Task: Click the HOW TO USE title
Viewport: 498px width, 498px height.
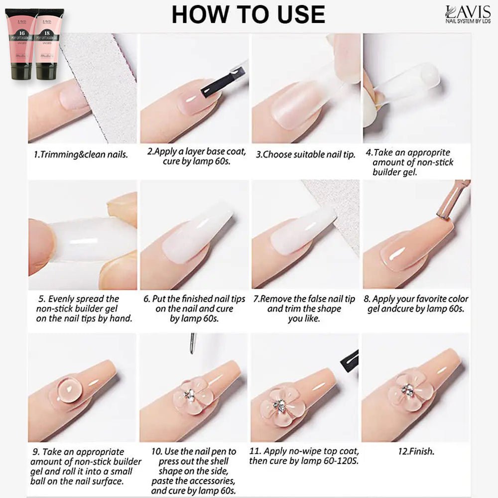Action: [248, 14]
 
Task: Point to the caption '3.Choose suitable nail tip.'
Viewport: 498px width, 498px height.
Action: [305, 154]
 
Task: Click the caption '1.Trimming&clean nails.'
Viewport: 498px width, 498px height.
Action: [81, 154]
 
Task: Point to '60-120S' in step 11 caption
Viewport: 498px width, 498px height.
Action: [342, 461]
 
